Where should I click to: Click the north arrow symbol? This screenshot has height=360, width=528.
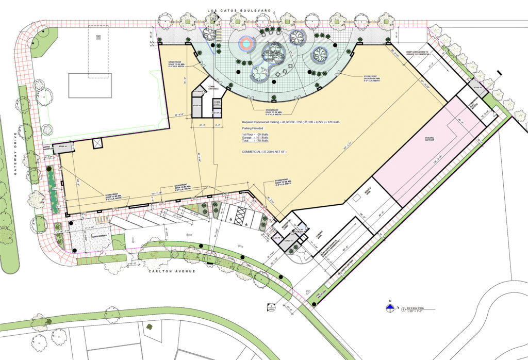pos(390,308)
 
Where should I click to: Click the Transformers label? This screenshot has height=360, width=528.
pos(97,236)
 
